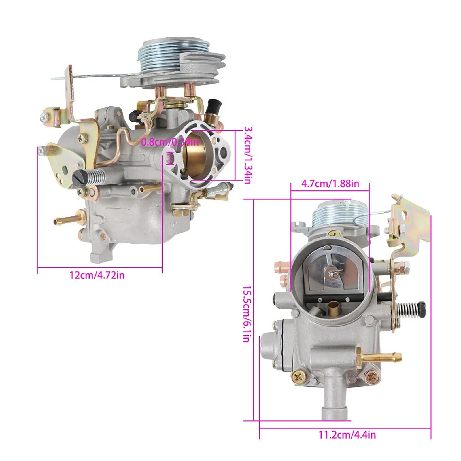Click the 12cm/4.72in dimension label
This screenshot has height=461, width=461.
97,275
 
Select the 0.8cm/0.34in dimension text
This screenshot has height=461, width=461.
170,142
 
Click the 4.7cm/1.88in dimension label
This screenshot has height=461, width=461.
330,184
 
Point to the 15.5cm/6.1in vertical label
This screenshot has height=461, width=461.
247,314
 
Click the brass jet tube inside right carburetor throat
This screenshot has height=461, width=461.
334,308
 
